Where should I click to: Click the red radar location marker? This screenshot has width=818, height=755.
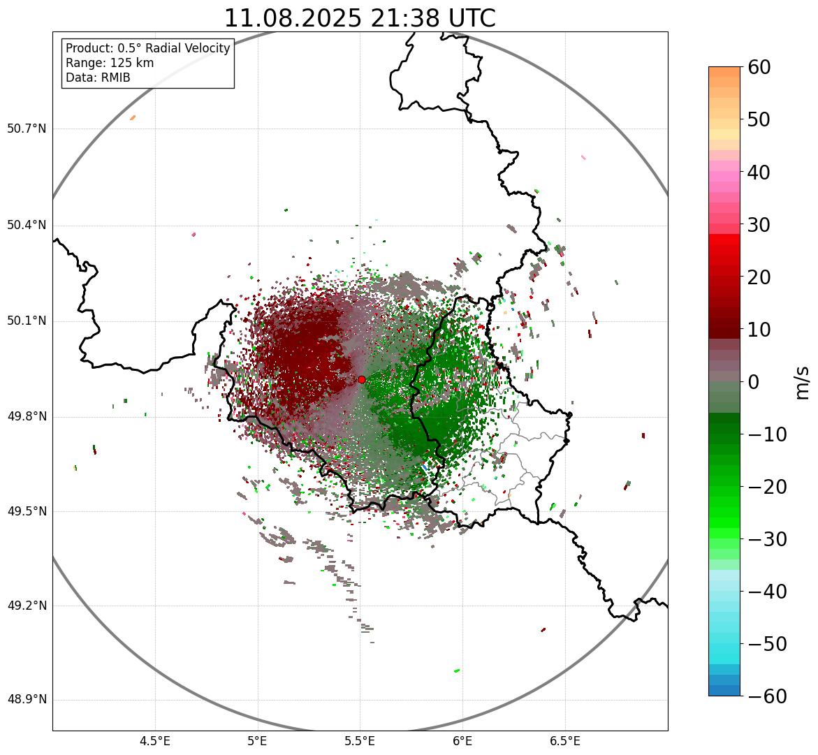[x=361, y=379]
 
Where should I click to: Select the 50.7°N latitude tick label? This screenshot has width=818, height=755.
[x=27, y=129]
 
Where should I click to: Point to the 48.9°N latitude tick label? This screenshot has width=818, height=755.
[x=27, y=700]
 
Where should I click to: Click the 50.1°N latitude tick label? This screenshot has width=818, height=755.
[x=27, y=321]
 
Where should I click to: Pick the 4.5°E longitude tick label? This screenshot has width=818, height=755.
[x=155, y=741]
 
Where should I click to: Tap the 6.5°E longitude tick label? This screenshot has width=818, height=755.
[x=564, y=741]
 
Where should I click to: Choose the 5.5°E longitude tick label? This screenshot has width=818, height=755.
[x=360, y=741]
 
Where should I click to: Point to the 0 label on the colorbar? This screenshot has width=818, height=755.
[x=754, y=382]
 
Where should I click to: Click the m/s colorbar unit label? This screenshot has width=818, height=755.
[x=803, y=381]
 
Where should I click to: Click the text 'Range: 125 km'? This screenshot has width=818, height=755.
[x=110, y=63]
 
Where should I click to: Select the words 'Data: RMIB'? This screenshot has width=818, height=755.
[x=98, y=78]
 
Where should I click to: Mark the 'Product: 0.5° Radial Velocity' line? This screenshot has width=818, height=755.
[x=147, y=48]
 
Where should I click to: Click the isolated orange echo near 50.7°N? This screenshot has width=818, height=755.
[x=133, y=117]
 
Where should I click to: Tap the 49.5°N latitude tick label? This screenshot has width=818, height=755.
[x=27, y=511]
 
